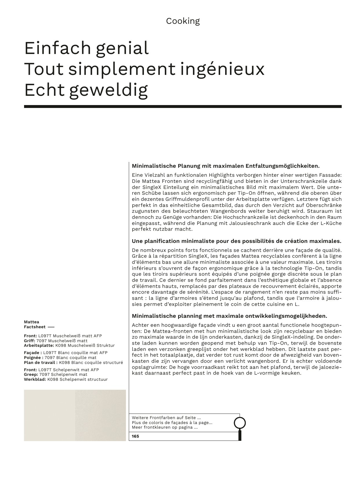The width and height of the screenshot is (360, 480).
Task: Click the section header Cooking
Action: click(x=183, y=21)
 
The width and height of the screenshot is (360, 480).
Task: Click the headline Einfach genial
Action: click(x=86, y=48)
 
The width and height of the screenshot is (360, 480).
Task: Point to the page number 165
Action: click(x=135, y=436)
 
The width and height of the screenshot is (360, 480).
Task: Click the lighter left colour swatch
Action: click(x=49, y=415)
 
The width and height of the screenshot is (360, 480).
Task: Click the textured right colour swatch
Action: click(x=100, y=415)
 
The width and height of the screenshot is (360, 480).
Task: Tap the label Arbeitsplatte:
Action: click(x=39, y=345)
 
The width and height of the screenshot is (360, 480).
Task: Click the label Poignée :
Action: click(x=33, y=358)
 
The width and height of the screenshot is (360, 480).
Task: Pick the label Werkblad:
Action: click(x=35, y=379)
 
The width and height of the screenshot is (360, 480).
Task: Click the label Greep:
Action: click(x=31, y=375)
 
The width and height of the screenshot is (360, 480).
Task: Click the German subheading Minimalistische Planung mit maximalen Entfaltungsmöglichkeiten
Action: click(x=225, y=166)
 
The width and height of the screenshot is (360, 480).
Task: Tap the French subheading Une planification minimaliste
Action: click(x=236, y=241)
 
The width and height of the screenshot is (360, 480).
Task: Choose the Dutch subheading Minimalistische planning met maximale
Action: click(x=229, y=316)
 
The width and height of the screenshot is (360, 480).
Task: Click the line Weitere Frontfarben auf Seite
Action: click(x=166, y=418)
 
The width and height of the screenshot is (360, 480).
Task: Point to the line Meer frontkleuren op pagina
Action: click(x=165, y=427)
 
